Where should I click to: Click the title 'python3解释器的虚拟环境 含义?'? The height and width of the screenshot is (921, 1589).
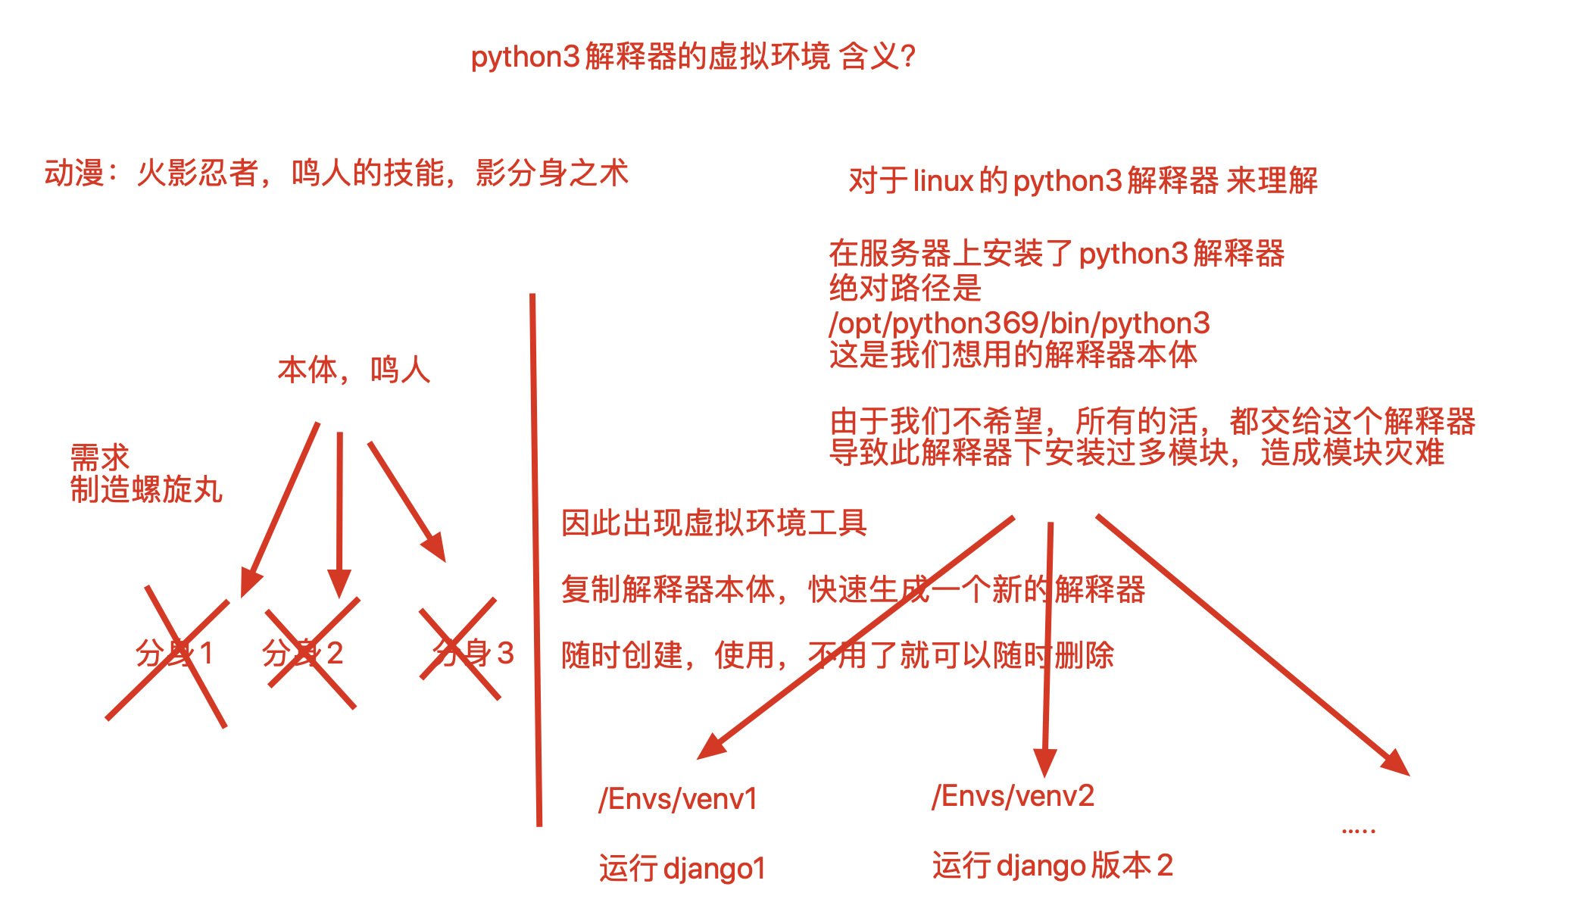pos(693,57)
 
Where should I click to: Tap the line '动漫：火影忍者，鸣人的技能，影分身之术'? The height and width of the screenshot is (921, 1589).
pos(336,173)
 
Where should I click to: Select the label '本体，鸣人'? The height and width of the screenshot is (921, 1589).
pos(354,370)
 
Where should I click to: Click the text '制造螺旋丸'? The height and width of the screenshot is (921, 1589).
pos(146,490)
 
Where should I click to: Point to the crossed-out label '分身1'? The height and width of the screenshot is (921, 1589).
pos(174,654)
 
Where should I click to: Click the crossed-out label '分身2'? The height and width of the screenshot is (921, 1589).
pos(303,654)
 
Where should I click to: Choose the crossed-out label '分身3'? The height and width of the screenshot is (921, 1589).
pos(473,654)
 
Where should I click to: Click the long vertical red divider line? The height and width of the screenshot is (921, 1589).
pos(535,560)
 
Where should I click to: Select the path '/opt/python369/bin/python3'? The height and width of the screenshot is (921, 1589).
pos(1019,323)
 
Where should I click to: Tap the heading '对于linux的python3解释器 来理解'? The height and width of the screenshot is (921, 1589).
pos(1083,181)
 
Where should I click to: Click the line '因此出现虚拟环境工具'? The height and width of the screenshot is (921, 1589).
pos(714,523)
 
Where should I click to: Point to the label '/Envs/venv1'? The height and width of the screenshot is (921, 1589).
pos(678,800)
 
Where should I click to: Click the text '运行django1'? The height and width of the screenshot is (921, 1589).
pos(682,869)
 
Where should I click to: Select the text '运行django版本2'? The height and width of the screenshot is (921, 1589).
pos(1053,866)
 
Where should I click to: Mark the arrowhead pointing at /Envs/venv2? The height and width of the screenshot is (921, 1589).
pos(1045,762)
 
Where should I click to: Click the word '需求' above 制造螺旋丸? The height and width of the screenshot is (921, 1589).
pos(100,457)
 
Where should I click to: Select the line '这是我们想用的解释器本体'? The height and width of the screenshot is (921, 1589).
pos(1013,355)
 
